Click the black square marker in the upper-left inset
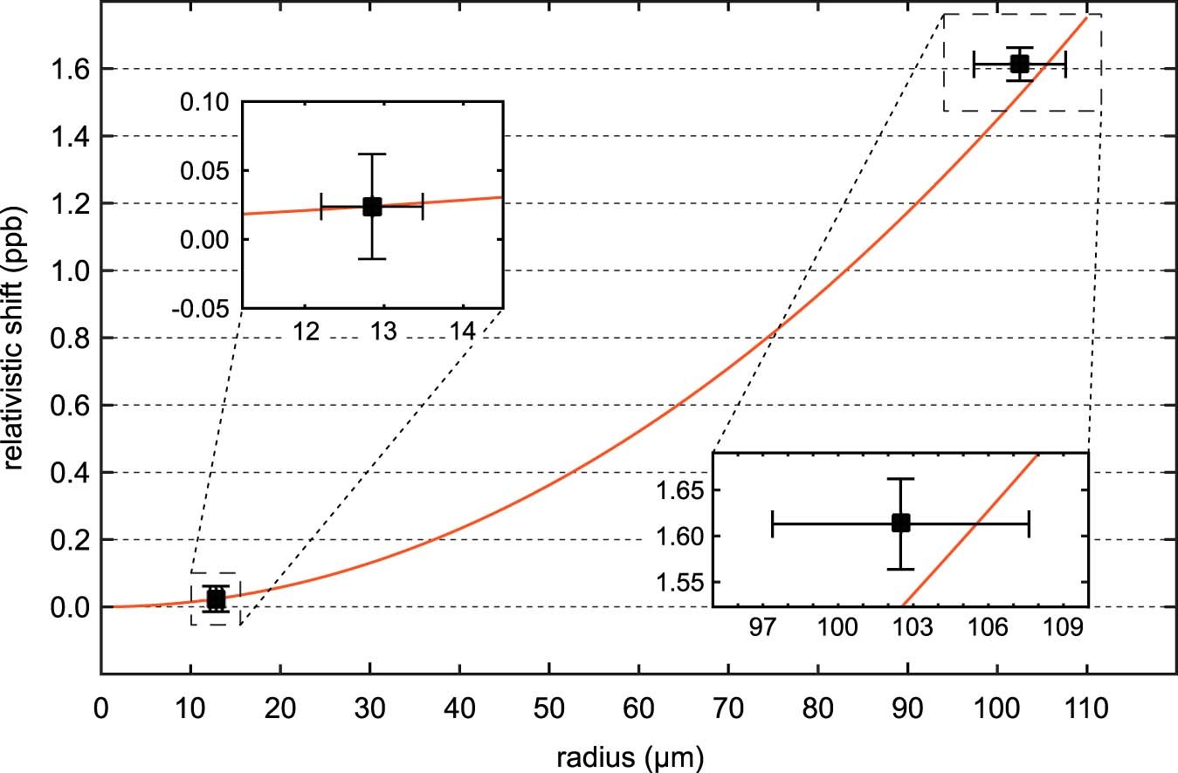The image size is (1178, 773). point(372,207)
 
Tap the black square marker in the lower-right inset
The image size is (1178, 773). point(900,523)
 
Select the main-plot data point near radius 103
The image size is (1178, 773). point(1019,64)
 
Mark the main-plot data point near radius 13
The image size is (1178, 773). point(216,599)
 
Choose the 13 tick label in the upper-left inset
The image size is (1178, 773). point(384,332)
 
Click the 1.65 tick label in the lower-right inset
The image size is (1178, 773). point(680,490)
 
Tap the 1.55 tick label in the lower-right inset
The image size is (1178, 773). point(680,582)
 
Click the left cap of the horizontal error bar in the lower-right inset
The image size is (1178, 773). point(773,523)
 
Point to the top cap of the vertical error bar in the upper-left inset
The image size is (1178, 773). point(372,154)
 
